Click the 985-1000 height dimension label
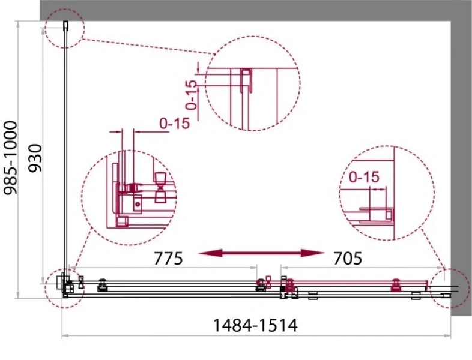click(10, 158)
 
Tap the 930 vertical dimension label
click(35, 158)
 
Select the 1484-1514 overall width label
click(255, 325)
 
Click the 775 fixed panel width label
click(168, 259)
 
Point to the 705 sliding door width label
click(348, 259)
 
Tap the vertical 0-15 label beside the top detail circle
click(192, 95)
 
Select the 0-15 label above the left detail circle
click(175, 123)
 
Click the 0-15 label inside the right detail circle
click(364, 177)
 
